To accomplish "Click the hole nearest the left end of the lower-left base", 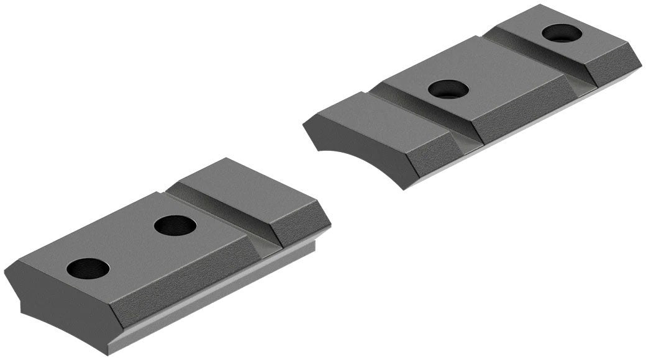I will (88, 268).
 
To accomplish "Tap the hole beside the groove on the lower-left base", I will (175, 225).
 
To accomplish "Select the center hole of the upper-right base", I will (448, 89).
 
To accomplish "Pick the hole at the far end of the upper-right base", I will (562, 33).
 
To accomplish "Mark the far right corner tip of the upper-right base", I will (640, 62).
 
